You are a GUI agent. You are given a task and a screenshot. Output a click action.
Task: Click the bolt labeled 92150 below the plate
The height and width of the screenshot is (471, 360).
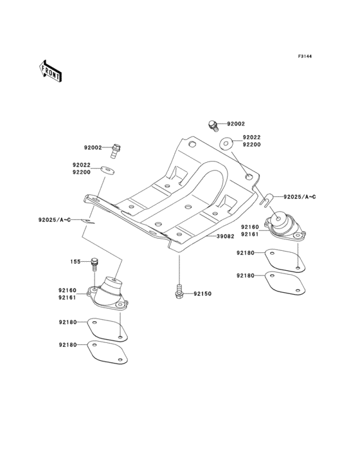pyautogui.click(x=178, y=291)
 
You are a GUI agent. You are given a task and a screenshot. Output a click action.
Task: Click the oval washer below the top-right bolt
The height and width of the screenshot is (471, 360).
pyautogui.click(x=226, y=143)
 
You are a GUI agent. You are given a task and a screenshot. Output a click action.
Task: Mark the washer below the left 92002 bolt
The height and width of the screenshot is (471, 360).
pyautogui.click(x=108, y=170)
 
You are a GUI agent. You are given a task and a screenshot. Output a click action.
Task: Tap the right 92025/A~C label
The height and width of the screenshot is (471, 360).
pyautogui.click(x=301, y=196)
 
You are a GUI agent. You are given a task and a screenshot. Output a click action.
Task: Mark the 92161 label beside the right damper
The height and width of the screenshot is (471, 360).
pyautogui.click(x=250, y=235)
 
